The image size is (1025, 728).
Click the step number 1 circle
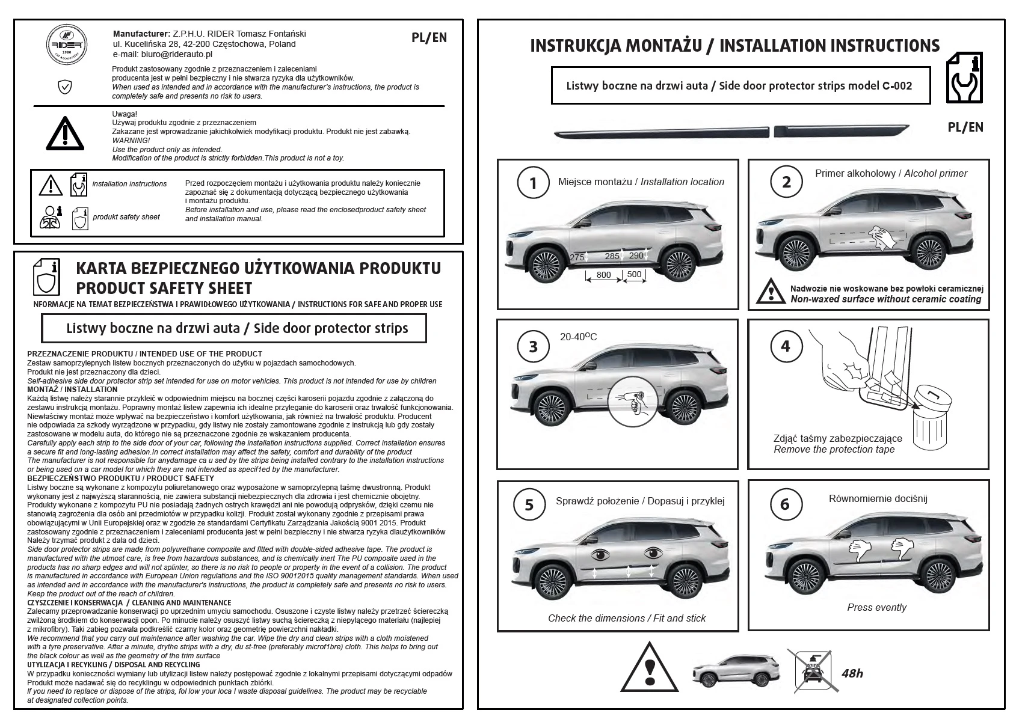pos(532,183)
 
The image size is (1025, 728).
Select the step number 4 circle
pos(785,346)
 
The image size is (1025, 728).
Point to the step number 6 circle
pos(784,504)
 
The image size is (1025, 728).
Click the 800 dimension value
pos(603,275)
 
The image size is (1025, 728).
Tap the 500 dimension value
pos(634,274)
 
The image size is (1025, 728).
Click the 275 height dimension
pos(577,257)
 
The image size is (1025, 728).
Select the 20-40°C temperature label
pos(578,337)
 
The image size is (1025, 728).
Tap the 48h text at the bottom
pos(852,673)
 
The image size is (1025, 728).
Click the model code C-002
pos(897,86)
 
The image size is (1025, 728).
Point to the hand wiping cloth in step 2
pos(882,236)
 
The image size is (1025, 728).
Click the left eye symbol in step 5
pos(600,553)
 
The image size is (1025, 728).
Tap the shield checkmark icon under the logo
pos(64,88)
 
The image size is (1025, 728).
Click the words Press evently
pos(876,607)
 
